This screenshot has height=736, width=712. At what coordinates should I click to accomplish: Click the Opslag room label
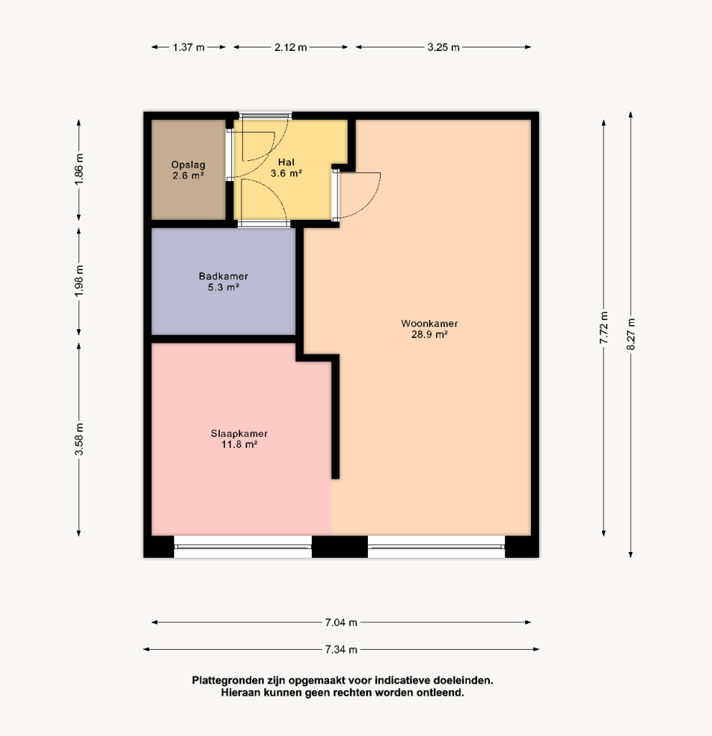click(x=188, y=170)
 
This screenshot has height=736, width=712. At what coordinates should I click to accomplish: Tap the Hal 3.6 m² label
click(x=286, y=167)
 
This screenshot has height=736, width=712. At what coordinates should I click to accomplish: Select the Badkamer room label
click(x=223, y=282)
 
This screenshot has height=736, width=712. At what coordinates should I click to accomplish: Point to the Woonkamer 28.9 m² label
click(x=430, y=328)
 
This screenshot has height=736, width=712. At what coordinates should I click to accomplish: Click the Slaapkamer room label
click(x=239, y=439)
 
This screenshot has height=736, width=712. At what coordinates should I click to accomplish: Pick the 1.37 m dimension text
click(x=189, y=47)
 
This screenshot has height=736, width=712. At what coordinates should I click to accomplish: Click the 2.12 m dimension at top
click(x=290, y=47)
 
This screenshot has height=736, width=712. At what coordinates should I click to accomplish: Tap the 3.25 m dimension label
click(x=443, y=47)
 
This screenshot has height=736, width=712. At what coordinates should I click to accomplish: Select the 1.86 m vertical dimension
click(x=79, y=169)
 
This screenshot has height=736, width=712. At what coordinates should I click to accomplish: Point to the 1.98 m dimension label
click(x=79, y=281)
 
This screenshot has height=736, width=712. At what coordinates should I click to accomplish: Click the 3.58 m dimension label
click(x=79, y=439)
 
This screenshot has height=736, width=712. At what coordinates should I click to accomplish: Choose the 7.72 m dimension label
click(x=604, y=328)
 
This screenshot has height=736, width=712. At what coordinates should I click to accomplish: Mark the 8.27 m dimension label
click(x=631, y=334)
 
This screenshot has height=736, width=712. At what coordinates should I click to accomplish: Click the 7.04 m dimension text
click(x=341, y=622)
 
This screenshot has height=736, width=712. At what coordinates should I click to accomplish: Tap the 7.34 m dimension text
click(x=341, y=650)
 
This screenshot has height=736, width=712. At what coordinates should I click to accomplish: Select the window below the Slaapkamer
click(x=243, y=547)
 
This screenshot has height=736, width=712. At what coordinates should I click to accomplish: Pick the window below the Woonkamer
click(x=436, y=547)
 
